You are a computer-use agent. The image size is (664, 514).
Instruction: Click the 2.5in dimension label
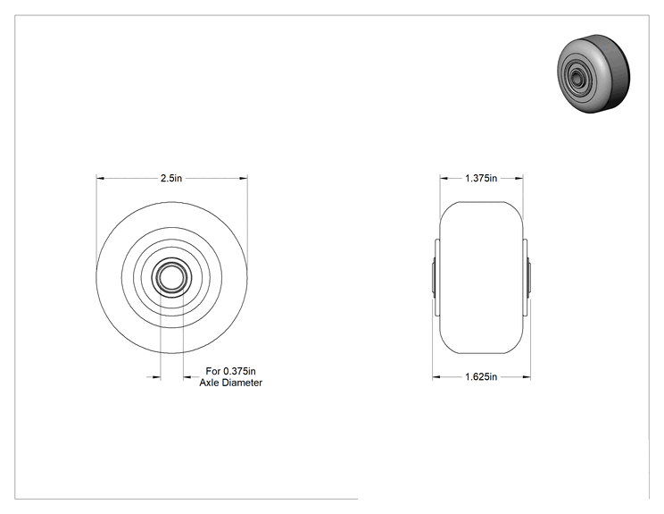click(x=171, y=178)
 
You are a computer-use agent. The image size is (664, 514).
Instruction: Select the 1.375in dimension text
click(x=481, y=178)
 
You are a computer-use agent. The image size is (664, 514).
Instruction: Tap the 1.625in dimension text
click(x=481, y=376)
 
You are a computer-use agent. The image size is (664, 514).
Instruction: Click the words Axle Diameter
click(x=231, y=383)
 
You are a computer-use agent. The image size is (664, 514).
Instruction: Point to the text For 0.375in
click(x=231, y=371)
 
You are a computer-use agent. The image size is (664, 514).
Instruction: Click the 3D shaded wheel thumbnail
click(x=593, y=74)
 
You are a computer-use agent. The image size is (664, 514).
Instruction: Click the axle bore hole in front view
click(x=171, y=277)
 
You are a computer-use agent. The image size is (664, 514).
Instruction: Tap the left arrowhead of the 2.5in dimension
click(x=100, y=178)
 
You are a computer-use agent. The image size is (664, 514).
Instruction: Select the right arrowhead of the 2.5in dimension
click(x=244, y=178)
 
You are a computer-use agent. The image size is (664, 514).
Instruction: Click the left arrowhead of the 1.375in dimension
click(x=444, y=178)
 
